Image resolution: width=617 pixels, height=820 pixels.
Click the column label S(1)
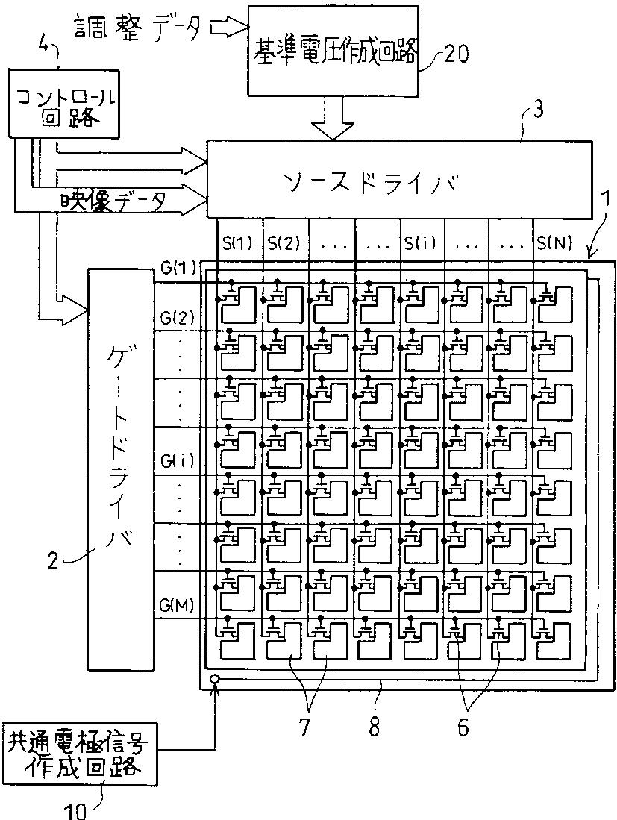click(237, 242)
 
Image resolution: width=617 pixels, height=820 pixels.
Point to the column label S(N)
click(555, 242)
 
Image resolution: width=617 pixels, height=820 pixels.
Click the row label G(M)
click(178, 604)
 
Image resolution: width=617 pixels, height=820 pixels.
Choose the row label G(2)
click(178, 319)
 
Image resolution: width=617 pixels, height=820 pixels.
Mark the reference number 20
click(456, 54)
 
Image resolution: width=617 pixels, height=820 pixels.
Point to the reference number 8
click(375, 728)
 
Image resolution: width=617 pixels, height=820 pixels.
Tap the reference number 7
click(304, 728)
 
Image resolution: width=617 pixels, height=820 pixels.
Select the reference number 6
click(463, 728)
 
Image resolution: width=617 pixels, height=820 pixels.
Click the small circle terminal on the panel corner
click(216, 680)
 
